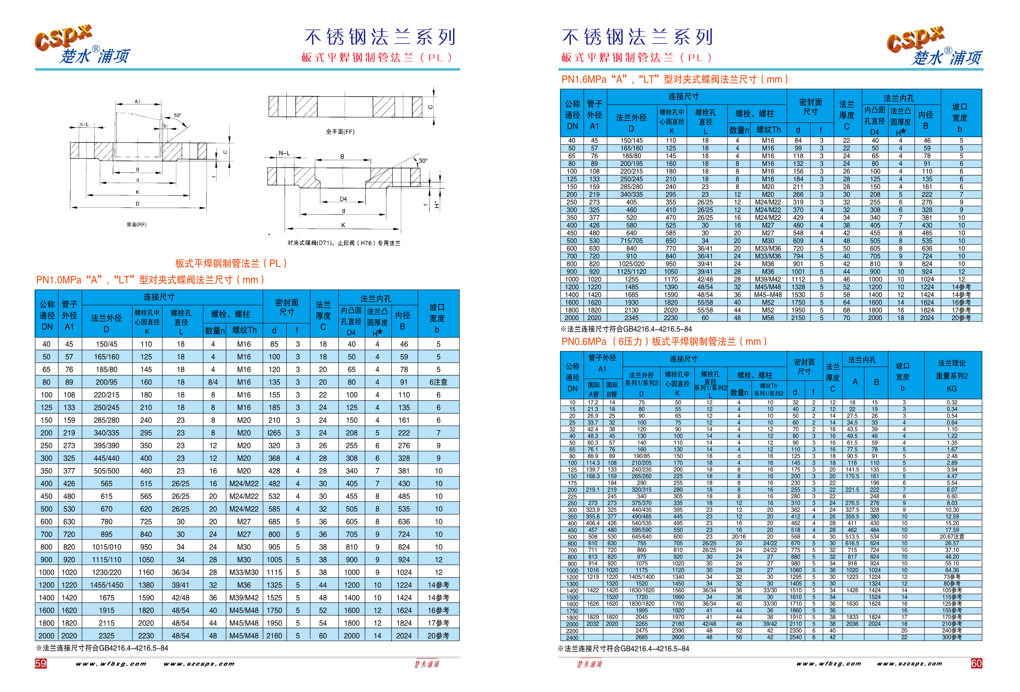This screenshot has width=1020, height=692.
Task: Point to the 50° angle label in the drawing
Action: point(177,116)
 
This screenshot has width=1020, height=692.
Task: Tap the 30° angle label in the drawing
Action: point(423,161)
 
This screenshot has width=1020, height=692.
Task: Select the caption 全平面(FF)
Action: point(340,132)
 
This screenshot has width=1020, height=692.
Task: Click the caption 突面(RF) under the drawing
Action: point(136,225)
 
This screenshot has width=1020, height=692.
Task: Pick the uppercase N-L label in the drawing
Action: point(284,153)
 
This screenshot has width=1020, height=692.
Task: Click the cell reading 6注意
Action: point(438,382)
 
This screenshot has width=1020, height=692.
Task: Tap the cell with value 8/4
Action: point(213,382)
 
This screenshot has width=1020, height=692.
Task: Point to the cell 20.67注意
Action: point(951,536)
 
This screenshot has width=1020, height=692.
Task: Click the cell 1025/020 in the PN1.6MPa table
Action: point(631,264)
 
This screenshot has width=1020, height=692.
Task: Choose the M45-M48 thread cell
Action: point(767,295)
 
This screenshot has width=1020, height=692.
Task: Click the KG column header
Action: point(951,389)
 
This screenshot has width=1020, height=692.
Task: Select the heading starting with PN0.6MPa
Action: point(664,342)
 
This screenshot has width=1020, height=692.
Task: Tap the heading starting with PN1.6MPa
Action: point(674,80)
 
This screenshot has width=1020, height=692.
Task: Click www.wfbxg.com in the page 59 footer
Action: point(111,664)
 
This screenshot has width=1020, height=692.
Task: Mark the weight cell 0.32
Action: point(951,402)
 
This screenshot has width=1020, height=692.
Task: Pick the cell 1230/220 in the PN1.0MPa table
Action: point(106,572)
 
